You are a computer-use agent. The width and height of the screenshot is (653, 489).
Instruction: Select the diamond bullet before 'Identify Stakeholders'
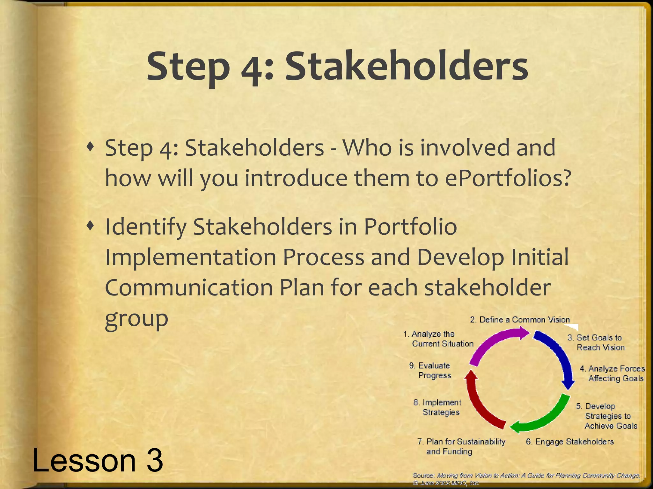tap(91, 226)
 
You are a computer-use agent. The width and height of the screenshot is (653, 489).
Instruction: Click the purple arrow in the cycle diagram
tap(493, 345)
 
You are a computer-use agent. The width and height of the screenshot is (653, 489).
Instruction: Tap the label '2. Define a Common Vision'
tap(520, 320)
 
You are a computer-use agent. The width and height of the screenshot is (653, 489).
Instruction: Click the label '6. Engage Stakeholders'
tap(569, 442)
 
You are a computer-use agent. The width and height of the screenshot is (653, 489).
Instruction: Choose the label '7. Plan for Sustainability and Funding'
tap(461, 446)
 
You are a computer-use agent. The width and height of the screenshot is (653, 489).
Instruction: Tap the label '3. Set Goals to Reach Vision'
tap(596, 343)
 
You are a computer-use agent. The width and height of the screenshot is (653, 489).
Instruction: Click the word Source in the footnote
tap(423, 475)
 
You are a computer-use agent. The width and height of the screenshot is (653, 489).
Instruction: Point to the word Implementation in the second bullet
tap(190, 257)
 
